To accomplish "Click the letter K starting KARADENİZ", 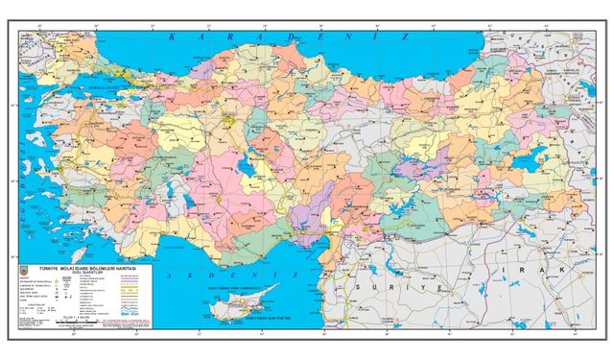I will pyautogui.click(x=171, y=36).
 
